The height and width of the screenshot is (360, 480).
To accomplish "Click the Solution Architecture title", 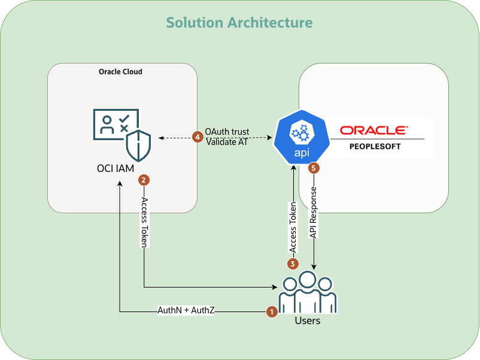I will tap(239, 23).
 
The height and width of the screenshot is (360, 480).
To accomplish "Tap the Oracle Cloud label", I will tap(120, 72).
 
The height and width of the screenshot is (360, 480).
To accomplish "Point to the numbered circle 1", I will tap(271, 311).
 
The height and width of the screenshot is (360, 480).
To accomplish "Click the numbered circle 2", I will tap(144, 179).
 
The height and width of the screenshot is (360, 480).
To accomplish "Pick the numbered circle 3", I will tap(293, 263).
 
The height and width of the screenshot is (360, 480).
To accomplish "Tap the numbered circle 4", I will tap(198, 137).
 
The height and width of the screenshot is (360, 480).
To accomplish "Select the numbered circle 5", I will tap(313, 168).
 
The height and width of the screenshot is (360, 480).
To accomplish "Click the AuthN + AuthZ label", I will tap(186, 311).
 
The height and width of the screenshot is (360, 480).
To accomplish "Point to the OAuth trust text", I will tap(227, 132).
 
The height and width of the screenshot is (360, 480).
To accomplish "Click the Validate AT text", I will tap(227, 142).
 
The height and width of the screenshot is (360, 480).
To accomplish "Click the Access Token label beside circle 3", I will tap(293, 227).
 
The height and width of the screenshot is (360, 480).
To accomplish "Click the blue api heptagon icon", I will tap(302, 137).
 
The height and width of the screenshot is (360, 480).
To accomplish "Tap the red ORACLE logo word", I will tap(374, 130).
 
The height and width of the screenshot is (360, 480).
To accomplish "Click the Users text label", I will tap(308, 321).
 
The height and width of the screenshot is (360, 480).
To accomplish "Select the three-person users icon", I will tap(308, 292).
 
